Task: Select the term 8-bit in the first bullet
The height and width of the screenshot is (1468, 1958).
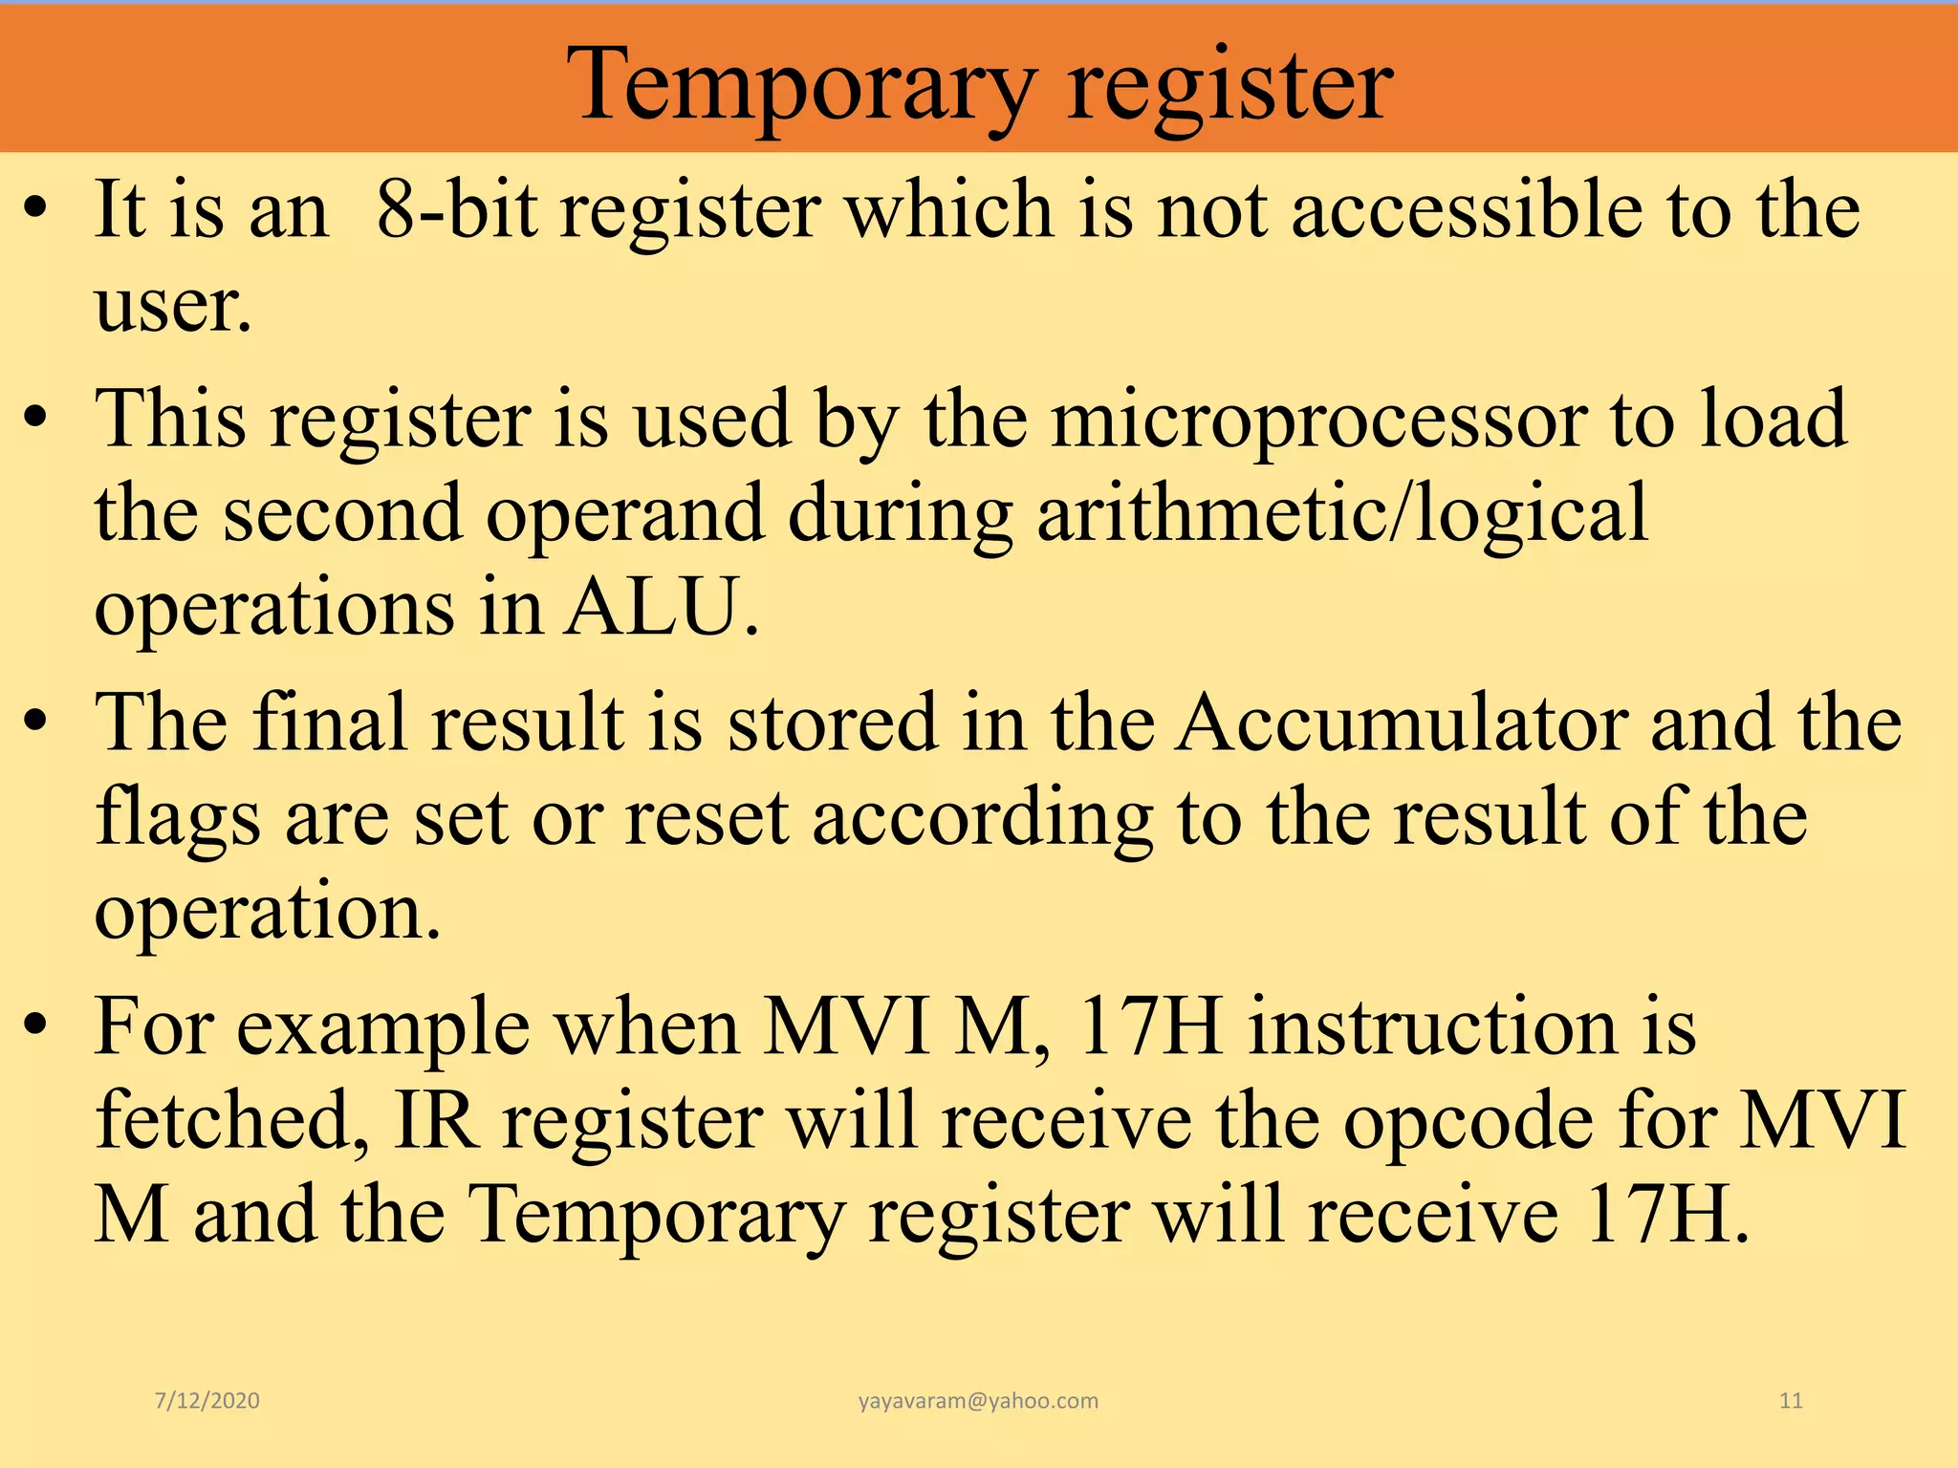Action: [455, 210]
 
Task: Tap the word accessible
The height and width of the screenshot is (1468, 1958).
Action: [1468, 210]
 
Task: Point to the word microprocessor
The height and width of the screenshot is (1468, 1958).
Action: [1319, 421]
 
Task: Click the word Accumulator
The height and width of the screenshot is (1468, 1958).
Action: [1402, 724]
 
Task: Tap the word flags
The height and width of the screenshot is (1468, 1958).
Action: [178, 820]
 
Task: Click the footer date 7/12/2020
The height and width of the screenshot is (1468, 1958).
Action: [207, 1401]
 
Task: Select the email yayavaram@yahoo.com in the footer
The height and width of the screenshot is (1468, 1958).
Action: [978, 1401]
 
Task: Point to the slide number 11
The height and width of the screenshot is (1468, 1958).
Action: [1791, 1401]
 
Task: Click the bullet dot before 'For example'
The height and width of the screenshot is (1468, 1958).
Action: [36, 1026]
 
